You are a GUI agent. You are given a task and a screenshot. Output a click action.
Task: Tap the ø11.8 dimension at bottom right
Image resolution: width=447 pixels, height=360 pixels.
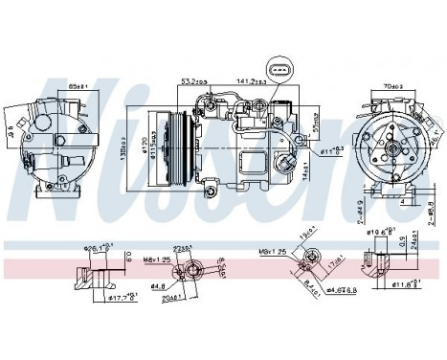click(403, 284)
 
